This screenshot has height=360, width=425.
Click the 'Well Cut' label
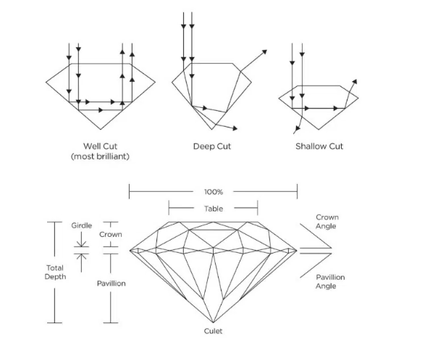click(x=101, y=146)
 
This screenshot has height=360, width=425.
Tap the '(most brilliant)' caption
click(x=100, y=156)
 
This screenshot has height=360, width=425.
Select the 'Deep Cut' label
click(x=212, y=146)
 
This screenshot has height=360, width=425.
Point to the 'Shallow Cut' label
click(x=319, y=146)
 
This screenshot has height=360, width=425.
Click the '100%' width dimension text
click(x=214, y=192)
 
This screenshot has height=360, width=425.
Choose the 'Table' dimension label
click(x=214, y=209)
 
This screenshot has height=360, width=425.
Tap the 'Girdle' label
click(x=82, y=225)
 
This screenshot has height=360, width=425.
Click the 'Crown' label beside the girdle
click(x=111, y=234)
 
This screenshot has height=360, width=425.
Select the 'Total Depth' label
click(x=55, y=272)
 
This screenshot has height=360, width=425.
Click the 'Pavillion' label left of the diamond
click(x=111, y=283)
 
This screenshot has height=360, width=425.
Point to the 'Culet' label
click(x=213, y=331)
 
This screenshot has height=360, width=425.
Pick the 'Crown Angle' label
click(x=327, y=222)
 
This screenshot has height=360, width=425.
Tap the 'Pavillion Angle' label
click(x=330, y=281)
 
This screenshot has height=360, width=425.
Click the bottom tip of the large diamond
click(x=214, y=322)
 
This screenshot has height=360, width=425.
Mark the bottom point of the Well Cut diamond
click(x=101, y=130)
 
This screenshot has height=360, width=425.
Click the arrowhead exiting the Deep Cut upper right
click(x=264, y=51)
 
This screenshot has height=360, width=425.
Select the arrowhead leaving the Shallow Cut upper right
click(x=355, y=81)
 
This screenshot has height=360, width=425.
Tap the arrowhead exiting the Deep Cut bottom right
click(x=235, y=128)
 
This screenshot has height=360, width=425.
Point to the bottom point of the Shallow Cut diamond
click(x=319, y=130)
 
